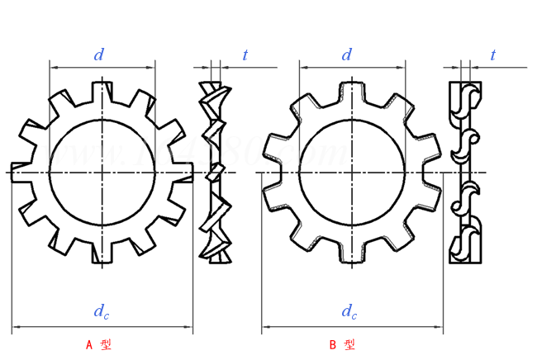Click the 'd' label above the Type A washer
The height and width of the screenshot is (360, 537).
pyautogui.click(x=99, y=55)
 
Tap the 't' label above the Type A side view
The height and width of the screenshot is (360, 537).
pyautogui.click(x=245, y=55)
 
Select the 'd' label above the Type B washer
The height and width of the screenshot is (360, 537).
pyautogui.click(x=347, y=55)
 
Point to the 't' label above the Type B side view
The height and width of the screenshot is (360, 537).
pyautogui.click(x=493, y=55)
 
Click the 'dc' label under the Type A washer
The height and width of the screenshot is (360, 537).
pyautogui.click(x=100, y=311)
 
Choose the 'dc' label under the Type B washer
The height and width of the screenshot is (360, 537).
pyautogui.click(x=349, y=311)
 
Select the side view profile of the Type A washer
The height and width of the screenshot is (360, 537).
pyautogui.click(x=215, y=172)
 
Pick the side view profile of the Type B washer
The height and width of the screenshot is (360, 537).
pyautogui.click(x=464, y=172)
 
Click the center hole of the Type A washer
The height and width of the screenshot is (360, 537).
pyautogui.click(x=102, y=172)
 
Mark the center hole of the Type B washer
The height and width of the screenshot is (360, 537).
pyautogui.click(x=352, y=172)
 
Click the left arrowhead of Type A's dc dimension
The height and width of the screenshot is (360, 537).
pyautogui.click(x=16, y=328)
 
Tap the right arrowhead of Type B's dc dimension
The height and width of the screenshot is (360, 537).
pyautogui.click(x=438, y=328)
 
